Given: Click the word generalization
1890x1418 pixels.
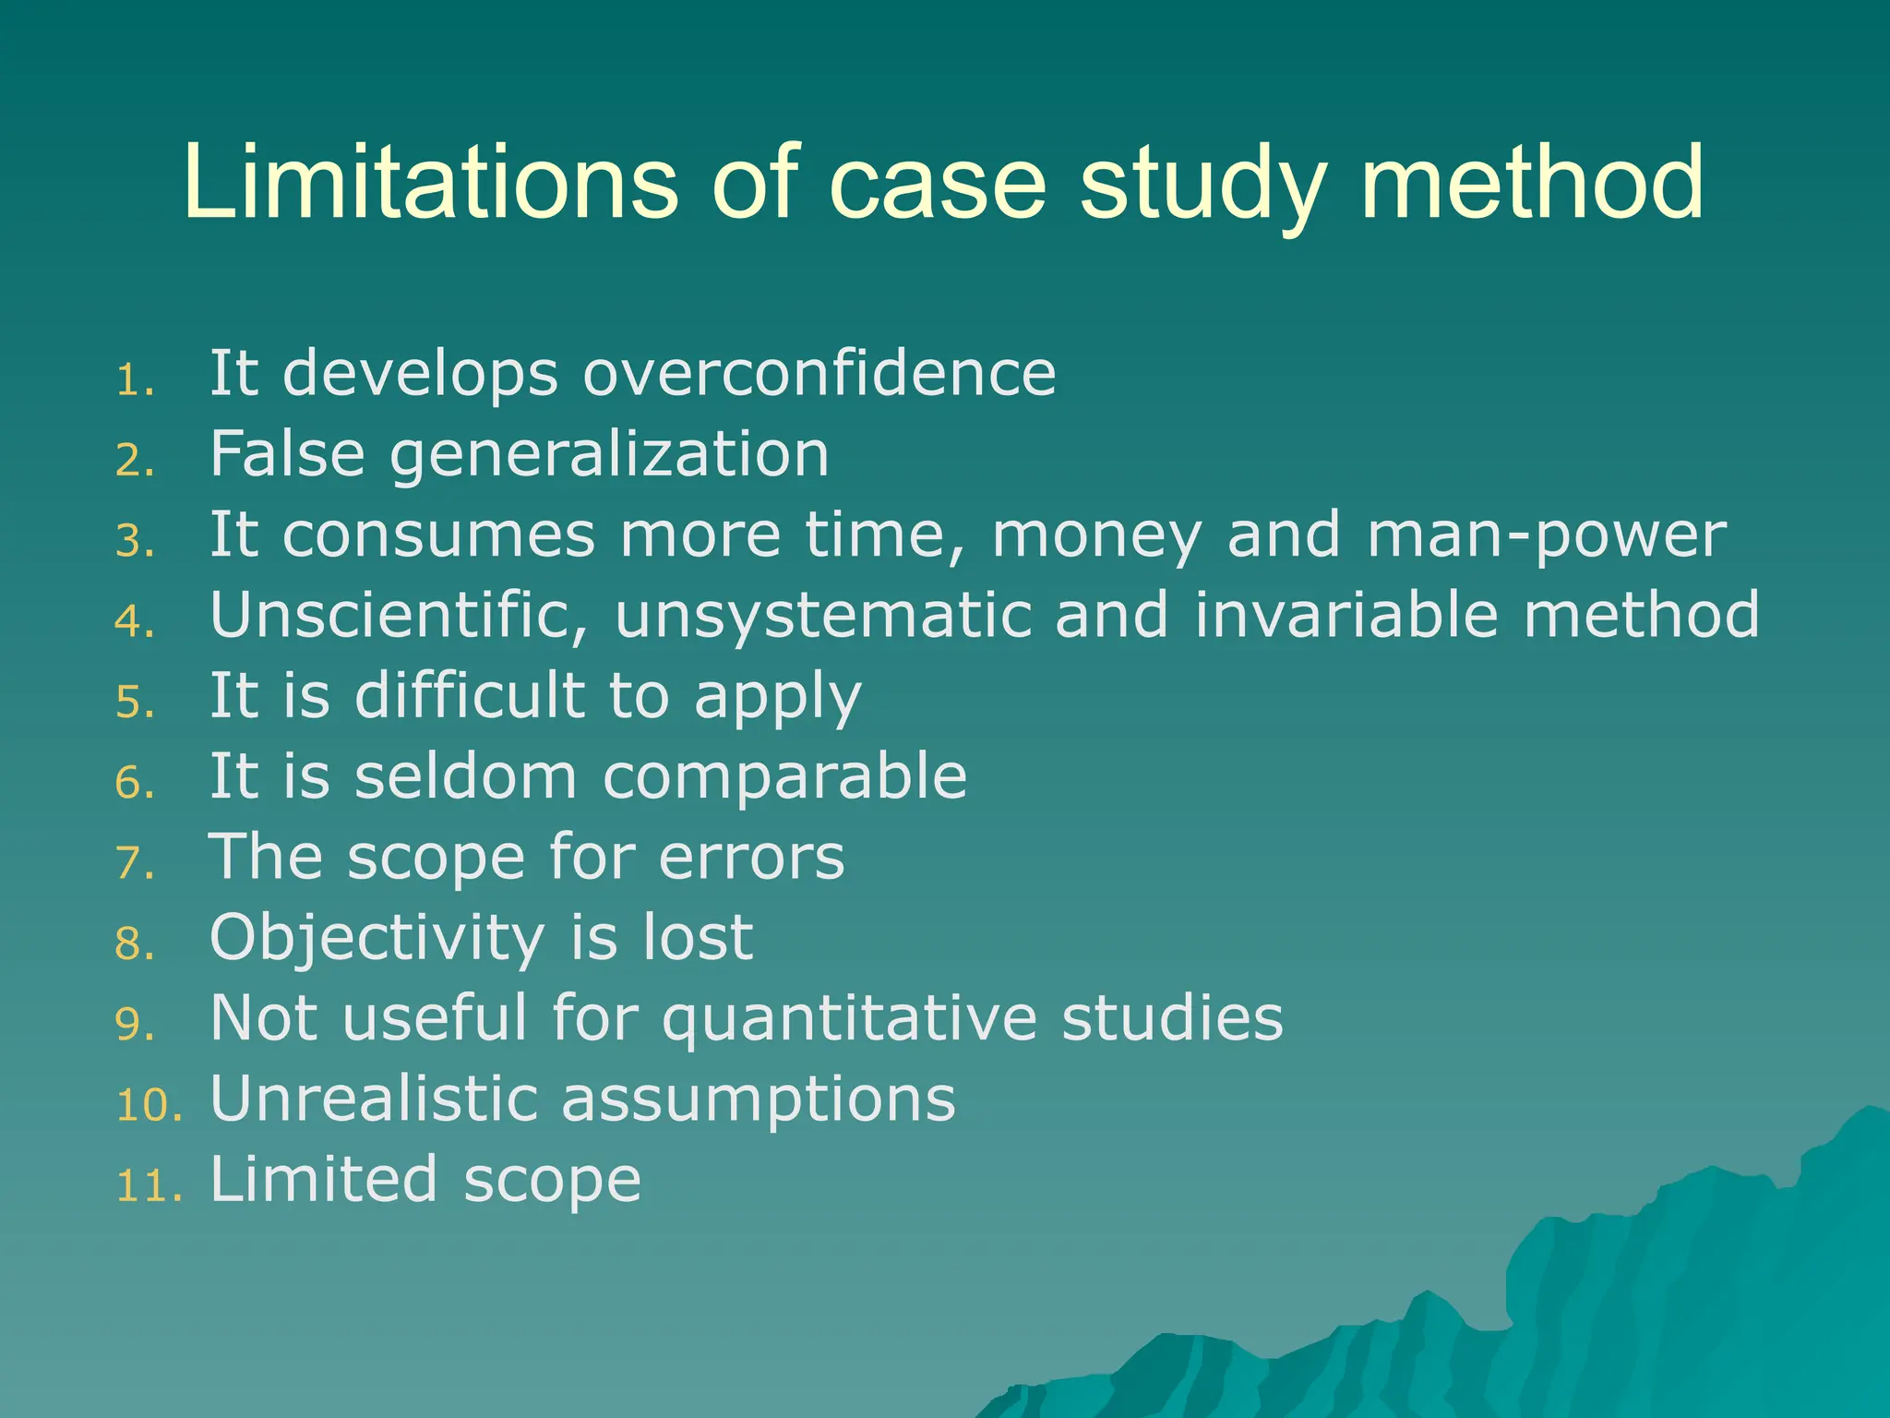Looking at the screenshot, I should [x=610, y=454].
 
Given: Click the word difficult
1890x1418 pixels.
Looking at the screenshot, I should [x=470, y=695].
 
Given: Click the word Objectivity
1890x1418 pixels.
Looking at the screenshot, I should [x=377, y=938].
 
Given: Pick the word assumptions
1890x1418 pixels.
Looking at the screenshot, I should [x=758, y=1100].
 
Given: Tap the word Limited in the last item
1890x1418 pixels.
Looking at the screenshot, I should [x=324, y=1180].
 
